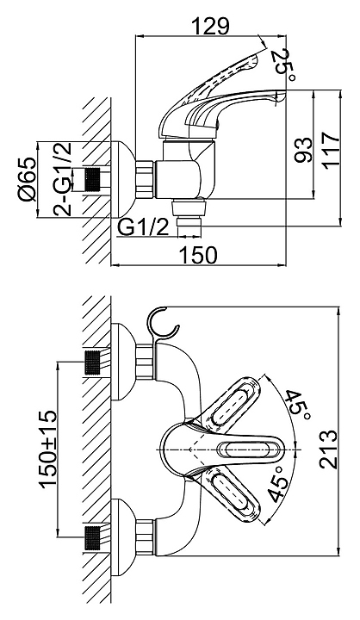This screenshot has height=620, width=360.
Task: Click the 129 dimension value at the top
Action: pos(209,26)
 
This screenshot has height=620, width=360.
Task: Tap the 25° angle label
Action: pos(283,65)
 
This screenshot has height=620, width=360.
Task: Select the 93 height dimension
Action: pos(303,150)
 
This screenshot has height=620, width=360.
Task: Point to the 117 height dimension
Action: pos(331,151)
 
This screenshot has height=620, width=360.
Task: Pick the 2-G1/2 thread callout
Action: pos(63,179)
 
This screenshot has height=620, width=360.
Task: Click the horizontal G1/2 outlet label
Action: pos(144,228)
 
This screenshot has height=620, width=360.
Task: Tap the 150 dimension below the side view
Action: pos(199,255)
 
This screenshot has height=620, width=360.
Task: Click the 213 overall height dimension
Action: pos(329,450)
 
